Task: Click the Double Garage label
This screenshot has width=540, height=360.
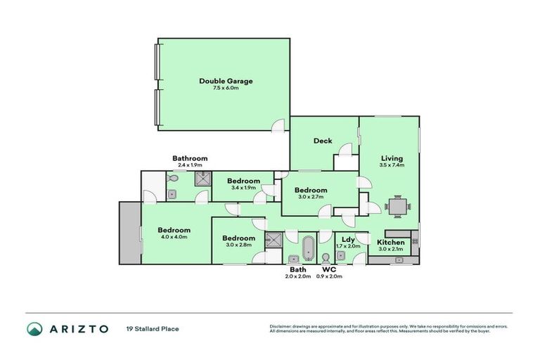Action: pos(225,81)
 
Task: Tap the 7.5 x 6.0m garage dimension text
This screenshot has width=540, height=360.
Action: pos(225,89)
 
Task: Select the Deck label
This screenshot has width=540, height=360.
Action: pos(323,141)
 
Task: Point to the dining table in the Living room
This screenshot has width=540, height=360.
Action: pos(398,206)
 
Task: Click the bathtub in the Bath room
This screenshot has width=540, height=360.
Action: pos(309,249)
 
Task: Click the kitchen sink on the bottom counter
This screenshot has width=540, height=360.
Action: pos(399,260)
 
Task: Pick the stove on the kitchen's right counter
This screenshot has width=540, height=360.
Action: pos(416,242)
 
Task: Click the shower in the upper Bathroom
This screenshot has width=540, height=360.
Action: pos(203,179)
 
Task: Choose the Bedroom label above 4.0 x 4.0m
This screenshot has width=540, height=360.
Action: pos(174,231)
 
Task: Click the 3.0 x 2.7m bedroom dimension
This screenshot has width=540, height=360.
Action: pos(310,198)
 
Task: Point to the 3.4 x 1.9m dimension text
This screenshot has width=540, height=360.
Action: pos(243,188)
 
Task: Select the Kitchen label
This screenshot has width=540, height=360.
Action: pos(391,243)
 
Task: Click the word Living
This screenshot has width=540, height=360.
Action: pos(392,158)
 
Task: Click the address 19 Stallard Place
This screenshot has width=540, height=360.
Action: pos(153,328)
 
